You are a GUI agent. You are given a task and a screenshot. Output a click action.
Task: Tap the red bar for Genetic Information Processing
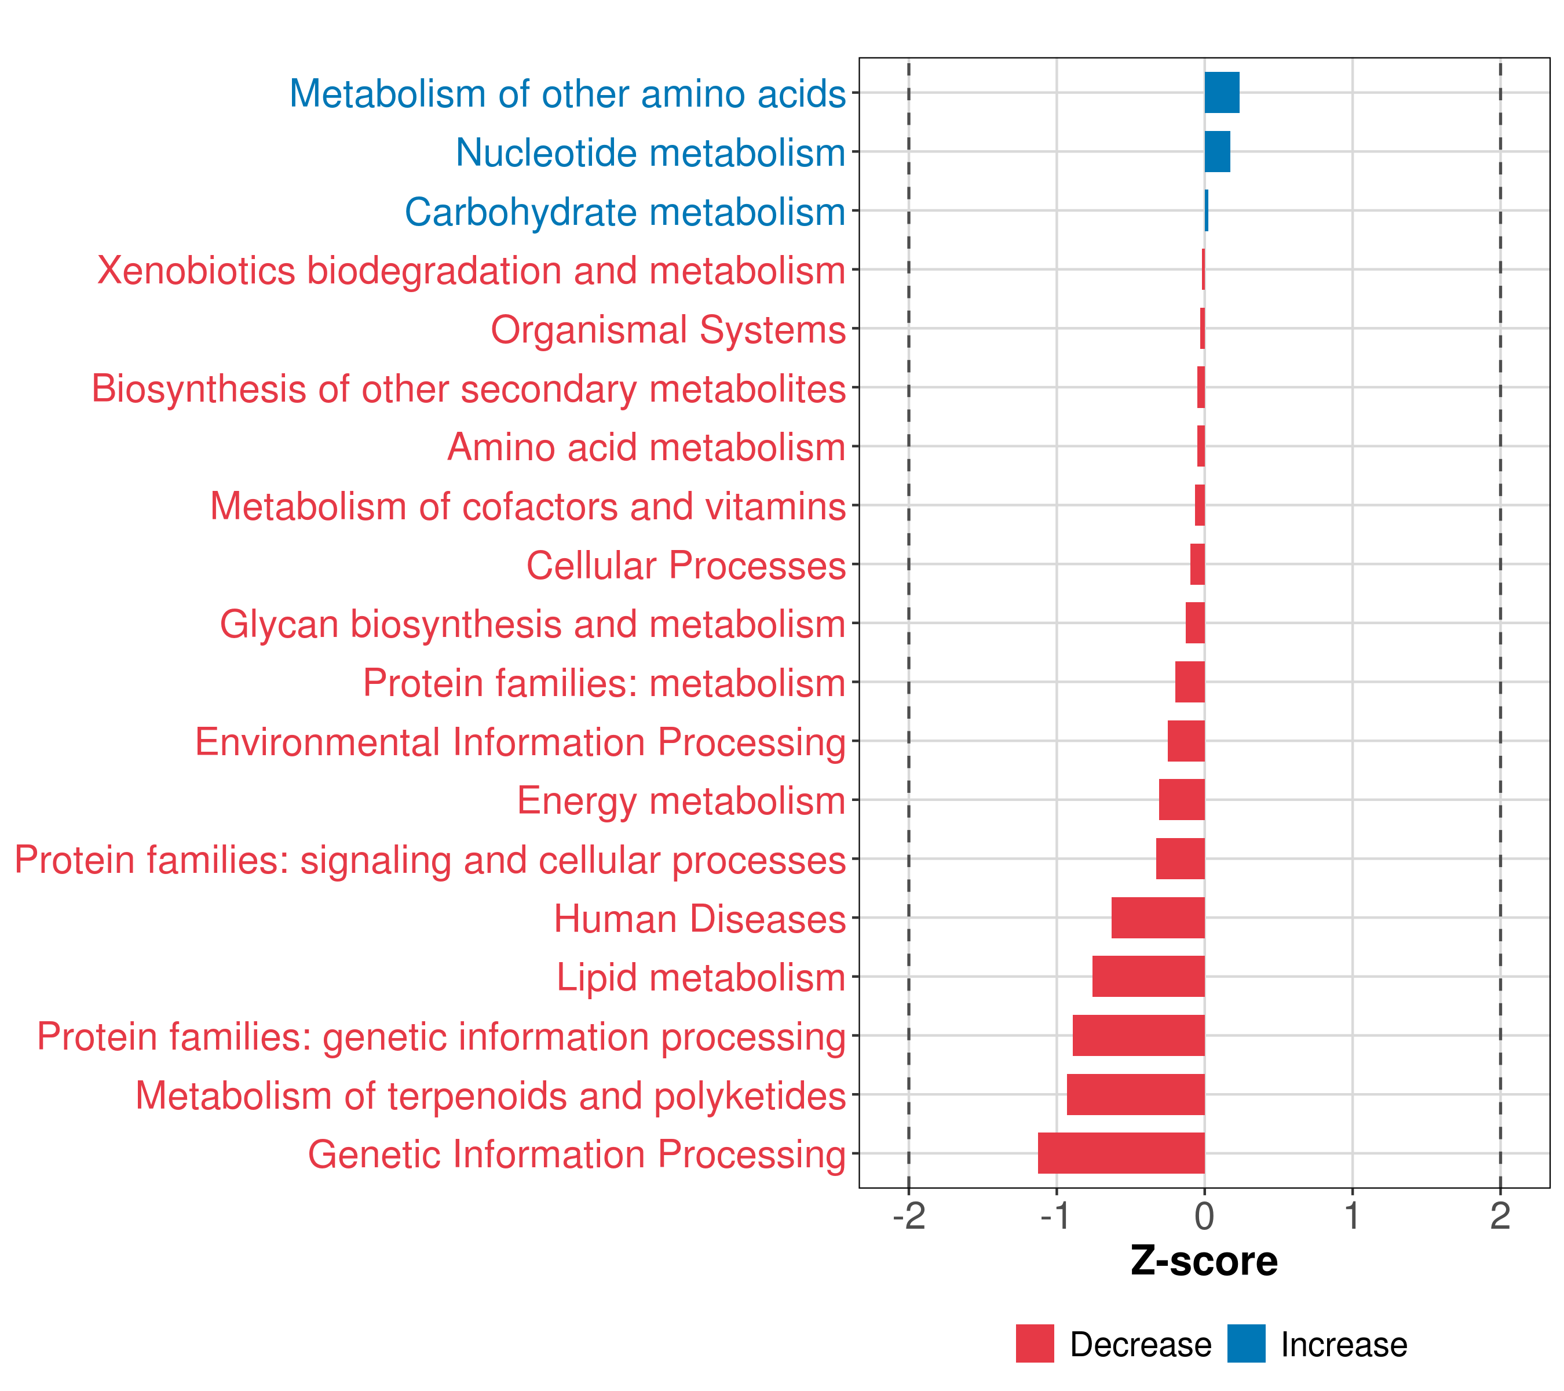click(1121, 1153)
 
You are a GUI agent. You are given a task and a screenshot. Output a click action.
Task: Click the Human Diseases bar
click(1158, 917)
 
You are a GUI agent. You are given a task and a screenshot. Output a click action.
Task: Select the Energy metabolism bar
click(1182, 799)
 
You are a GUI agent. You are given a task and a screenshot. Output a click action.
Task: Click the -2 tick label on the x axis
click(908, 1217)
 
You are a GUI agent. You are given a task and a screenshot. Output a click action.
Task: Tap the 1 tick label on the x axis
click(1352, 1217)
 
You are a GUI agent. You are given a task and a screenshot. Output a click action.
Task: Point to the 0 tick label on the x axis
click(1204, 1217)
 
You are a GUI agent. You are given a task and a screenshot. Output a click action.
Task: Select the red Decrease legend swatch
click(1035, 1343)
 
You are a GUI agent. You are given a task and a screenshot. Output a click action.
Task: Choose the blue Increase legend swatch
click(1245, 1343)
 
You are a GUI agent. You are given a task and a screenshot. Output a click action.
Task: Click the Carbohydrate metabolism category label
click(624, 212)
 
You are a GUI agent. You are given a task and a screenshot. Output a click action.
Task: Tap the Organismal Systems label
click(668, 330)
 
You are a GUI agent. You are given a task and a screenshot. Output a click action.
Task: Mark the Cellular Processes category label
click(686, 566)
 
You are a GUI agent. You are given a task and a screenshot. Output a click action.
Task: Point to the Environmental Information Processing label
click(520, 742)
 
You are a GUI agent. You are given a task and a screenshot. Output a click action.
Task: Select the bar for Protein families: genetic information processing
click(1139, 1035)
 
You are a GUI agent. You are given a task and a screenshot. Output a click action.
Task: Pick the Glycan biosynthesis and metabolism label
click(532, 624)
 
